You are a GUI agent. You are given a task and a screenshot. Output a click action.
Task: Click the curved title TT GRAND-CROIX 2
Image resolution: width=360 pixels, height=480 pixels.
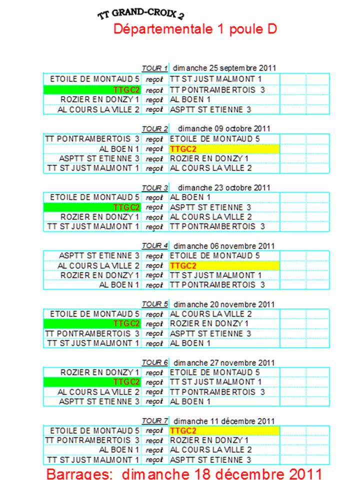[141, 13]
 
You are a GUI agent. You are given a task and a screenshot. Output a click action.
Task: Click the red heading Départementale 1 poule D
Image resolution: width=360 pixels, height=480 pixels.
[195, 29]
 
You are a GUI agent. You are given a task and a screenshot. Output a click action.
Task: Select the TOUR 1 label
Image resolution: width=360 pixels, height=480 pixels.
[154, 68]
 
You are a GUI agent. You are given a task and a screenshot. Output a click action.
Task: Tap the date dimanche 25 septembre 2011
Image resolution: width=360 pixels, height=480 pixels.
[224, 68]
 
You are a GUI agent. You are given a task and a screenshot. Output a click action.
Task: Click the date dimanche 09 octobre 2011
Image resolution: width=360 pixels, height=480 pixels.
[224, 128]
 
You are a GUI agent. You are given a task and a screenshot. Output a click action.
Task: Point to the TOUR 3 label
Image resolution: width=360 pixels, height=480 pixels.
[154, 187]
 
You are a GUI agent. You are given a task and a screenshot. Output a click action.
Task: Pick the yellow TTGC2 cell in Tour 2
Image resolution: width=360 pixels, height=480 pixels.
[224, 149]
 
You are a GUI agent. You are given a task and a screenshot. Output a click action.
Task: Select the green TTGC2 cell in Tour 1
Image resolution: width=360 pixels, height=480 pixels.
[92, 90]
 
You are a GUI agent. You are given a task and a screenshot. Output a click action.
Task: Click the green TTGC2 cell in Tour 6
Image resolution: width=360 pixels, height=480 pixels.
[92, 382]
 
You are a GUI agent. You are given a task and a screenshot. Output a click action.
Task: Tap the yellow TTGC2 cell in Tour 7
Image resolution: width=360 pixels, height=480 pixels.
[224, 430]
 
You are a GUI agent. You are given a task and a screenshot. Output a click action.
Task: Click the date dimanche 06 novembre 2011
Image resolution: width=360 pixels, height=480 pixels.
[224, 246]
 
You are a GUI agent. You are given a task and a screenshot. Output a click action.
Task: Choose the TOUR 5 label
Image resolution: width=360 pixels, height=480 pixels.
[154, 304]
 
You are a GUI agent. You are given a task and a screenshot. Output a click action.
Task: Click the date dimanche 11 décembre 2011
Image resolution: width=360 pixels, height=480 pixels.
[224, 421]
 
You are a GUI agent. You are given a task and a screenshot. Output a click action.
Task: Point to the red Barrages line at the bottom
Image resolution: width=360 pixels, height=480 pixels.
[184, 473]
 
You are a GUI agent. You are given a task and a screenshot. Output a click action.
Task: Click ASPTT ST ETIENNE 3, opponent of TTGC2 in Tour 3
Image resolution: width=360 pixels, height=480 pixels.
[210, 207]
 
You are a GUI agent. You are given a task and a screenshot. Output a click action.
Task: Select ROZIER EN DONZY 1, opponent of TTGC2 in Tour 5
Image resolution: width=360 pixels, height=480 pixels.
[209, 323]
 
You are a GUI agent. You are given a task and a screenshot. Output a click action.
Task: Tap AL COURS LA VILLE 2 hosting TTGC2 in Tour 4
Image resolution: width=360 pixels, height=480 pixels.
[98, 265]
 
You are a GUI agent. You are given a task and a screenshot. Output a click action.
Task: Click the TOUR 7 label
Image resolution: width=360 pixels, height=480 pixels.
[154, 421]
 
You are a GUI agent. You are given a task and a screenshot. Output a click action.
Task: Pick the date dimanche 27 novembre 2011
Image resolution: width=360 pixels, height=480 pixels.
[224, 363]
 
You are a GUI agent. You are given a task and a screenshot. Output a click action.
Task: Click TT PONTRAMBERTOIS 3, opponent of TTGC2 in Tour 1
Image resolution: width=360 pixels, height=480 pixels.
[217, 90]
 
